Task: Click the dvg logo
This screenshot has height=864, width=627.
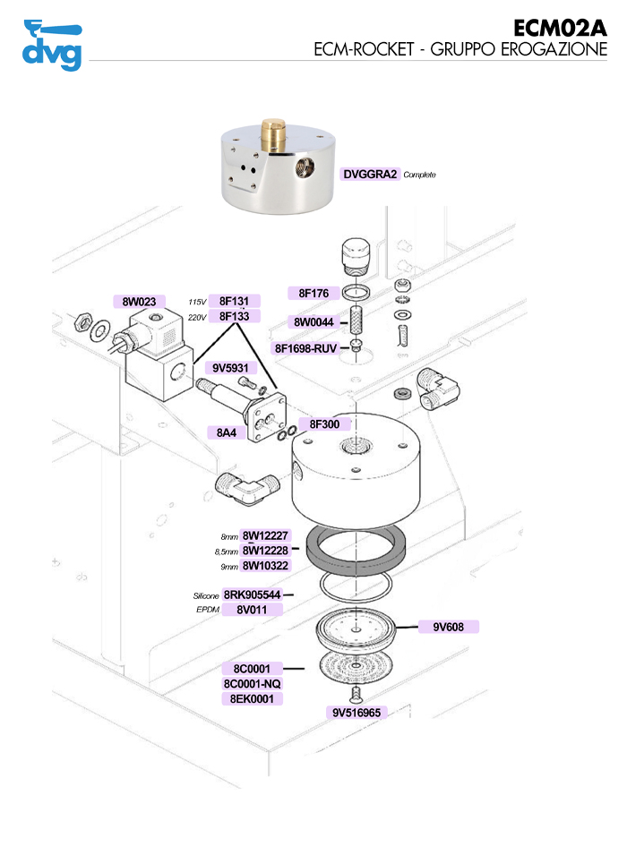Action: tap(51, 45)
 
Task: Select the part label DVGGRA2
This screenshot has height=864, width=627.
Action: tap(370, 175)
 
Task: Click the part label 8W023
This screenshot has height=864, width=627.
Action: tap(140, 302)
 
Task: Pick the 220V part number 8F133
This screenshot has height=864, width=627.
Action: tap(239, 317)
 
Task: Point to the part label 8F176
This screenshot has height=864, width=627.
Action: tap(313, 293)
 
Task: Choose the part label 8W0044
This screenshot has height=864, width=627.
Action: tap(313, 322)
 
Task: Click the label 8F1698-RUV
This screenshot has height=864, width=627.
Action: tap(306, 348)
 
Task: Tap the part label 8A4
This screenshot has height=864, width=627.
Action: tap(227, 432)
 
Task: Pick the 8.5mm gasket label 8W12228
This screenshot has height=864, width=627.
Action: tap(265, 551)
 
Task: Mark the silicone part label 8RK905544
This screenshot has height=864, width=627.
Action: tap(253, 595)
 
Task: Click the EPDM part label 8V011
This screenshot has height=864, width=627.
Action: tap(253, 610)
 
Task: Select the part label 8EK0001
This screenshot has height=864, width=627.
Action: tap(252, 698)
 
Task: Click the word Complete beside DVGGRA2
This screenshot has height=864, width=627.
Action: tap(420, 175)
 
